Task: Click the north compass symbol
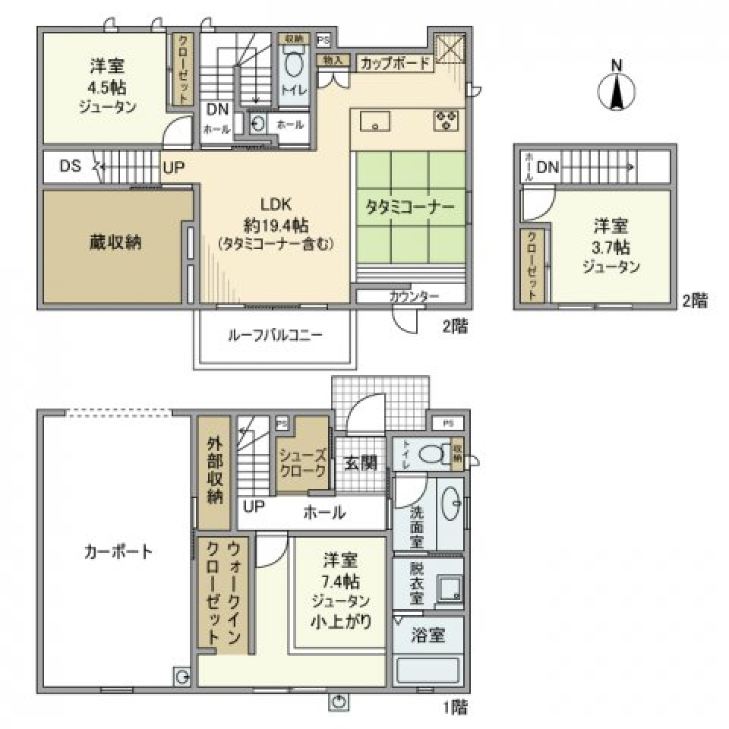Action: tap(617, 93)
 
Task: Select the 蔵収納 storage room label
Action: tap(115, 243)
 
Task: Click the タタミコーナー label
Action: tap(410, 207)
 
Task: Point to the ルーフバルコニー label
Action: tap(275, 334)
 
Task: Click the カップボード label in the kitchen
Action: tap(395, 64)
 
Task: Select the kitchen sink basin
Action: tap(374, 121)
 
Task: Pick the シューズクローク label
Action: tap(302, 462)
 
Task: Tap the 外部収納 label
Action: tap(215, 471)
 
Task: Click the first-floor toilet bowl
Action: tap(432, 454)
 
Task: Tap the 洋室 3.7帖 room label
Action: tap(611, 246)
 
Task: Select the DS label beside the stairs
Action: tap(71, 166)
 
